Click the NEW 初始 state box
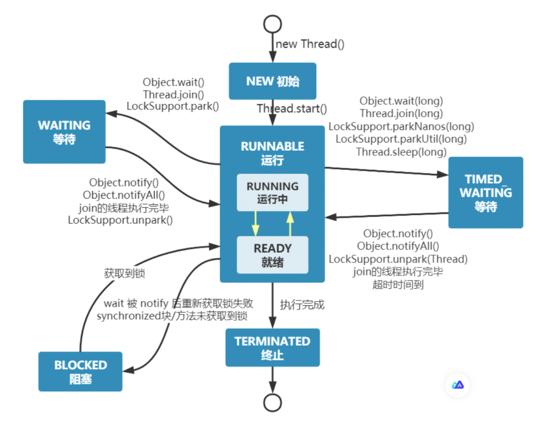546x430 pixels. tap(272, 82)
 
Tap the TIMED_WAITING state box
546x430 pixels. tap(485, 192)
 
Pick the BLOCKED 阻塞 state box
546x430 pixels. tap(81, 371)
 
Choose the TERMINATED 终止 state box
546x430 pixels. tap(272, 347)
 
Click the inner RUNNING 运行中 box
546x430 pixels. tap(272, 192)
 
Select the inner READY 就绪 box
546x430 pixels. tap(272, 255)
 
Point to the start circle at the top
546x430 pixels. tap(272, 23)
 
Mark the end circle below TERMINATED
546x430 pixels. tap(272, 403)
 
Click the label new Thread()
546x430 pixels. tap(310, 44)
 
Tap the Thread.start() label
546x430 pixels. tap(292, 109)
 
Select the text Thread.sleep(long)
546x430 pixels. tap(401, 152)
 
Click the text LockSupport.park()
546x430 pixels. tap(173, 106)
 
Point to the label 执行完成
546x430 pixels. tap(302, 305)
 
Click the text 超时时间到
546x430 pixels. tap(398, 285)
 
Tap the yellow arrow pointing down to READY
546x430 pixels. tap(255, 223)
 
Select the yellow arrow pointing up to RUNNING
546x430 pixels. tap(290, 223)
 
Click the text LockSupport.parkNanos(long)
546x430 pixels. tap(401, 126)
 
